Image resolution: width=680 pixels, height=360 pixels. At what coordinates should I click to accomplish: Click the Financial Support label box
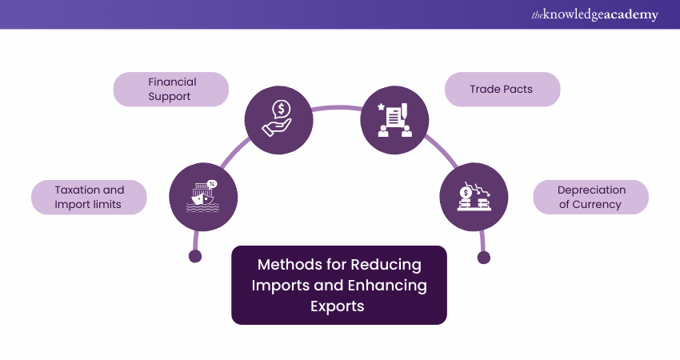click(x=171, y=90)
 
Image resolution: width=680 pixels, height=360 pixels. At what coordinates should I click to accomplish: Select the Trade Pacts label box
click(x=502, y=90)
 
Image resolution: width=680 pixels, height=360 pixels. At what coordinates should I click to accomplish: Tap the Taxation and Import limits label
click(x=90, y=197)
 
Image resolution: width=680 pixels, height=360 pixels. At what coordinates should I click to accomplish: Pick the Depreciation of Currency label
click(x=591, y=197)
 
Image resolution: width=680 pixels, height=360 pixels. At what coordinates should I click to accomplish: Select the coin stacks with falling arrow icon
click(x=474, y=196)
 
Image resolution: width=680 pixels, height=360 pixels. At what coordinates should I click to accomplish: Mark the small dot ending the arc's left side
click(x=194, y=257)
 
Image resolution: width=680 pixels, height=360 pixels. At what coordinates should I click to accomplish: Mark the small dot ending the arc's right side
click(x=483, y=257)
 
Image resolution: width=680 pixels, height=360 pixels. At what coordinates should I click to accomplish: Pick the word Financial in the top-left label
click(x=172, y=82)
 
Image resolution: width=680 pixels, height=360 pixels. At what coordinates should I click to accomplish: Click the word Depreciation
click(x=591, y=190)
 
